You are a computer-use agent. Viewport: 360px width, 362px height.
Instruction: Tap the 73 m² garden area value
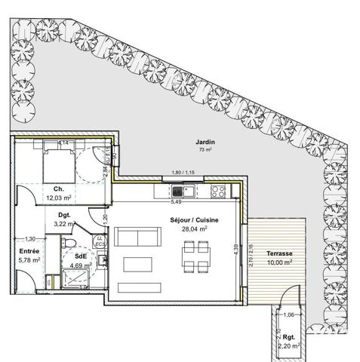click(202, 150)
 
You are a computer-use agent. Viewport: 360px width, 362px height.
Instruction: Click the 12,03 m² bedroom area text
click(58, 198)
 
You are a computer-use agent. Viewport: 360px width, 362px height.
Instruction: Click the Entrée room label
click(29, 250)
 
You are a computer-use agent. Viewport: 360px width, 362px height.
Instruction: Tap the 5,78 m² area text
click(29, 259)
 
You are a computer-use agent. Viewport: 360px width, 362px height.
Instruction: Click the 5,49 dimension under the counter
click(177, 201)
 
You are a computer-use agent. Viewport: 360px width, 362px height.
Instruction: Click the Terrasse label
click(278, 254)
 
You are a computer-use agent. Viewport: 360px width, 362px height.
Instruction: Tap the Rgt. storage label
click(288, 337)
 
